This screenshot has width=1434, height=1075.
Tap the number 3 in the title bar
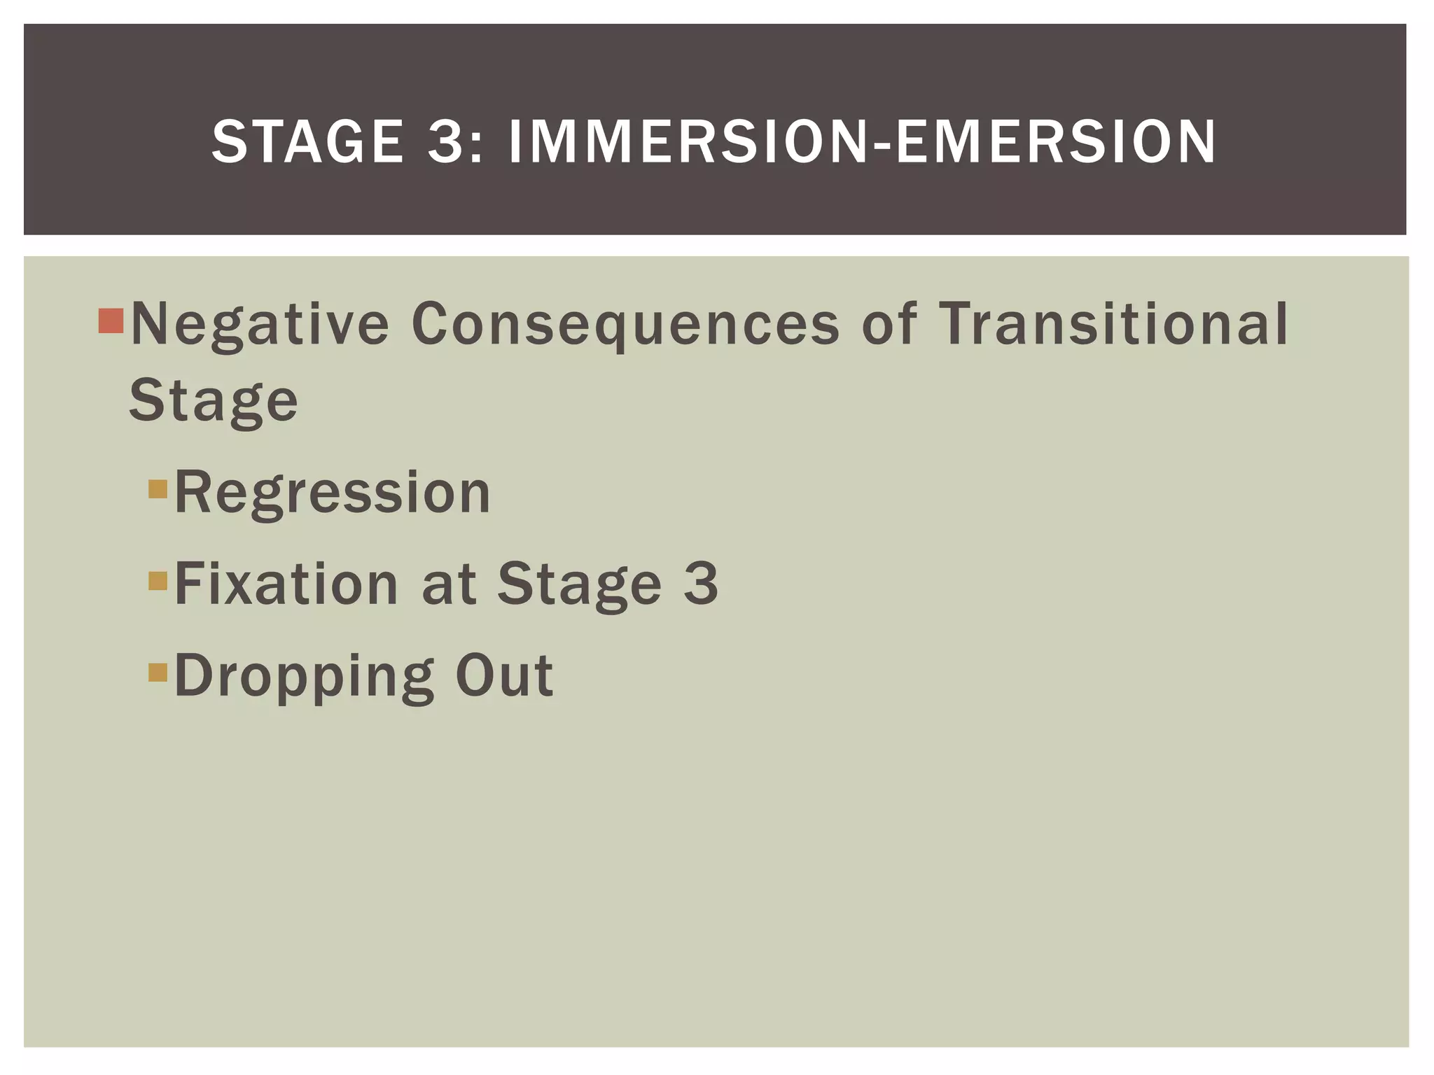pos(447,142)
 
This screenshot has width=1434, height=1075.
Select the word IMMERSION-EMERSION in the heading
pos(862,142)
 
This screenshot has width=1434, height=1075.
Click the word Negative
pos(260,324)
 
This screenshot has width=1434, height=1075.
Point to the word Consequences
pos(625,324)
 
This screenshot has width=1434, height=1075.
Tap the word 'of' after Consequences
pos(889,324)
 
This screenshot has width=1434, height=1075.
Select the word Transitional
pos(1113,324)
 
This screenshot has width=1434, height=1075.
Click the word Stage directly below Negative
pos(214,401)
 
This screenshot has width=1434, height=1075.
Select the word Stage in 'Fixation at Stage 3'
pos(579,584)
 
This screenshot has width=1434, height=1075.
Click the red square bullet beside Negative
pos(111,321)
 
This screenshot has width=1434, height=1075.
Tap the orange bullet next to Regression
pos(158,489)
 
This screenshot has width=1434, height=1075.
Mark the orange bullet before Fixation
pos(158,580)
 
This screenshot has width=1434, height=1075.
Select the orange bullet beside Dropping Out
pos(158,672)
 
